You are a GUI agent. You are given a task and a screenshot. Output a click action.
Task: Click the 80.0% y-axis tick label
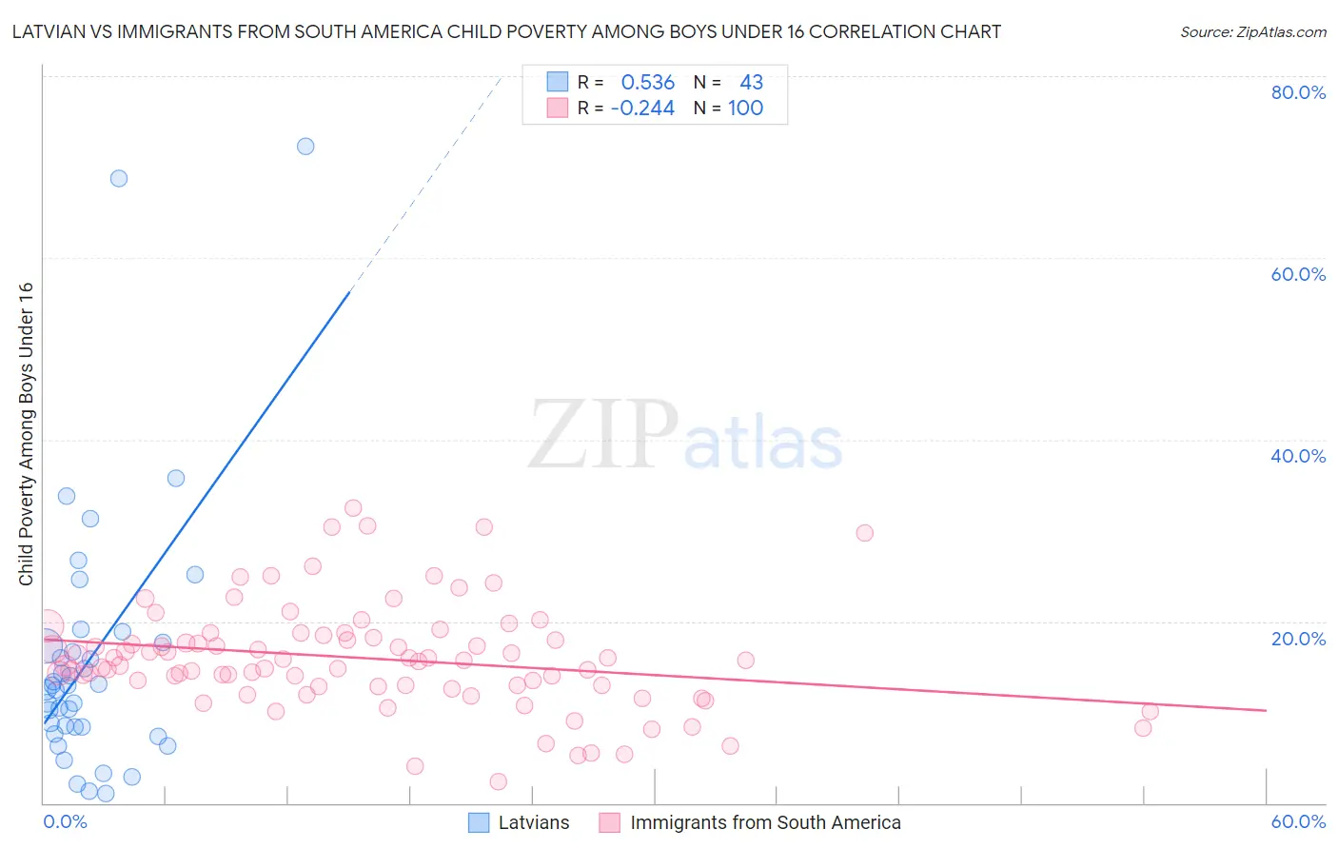pyautogui.click(x=1298, y=92)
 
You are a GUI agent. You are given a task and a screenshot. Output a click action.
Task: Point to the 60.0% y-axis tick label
pyautogui.click(x=1298, y=274)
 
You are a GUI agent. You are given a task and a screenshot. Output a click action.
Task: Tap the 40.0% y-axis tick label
pyautogui.click(x=1298, y=456)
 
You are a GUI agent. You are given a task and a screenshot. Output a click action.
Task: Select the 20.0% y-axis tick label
pyautogui.click(x=1298, y=638)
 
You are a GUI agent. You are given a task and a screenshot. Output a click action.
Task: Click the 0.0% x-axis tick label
pyautogui.click(x=65, y=821)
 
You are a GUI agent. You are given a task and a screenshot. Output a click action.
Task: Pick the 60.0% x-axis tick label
pyautogui.click(x=1298, y=821)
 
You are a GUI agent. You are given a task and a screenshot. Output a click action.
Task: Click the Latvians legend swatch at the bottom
pyautogui.click(x=479, y=822)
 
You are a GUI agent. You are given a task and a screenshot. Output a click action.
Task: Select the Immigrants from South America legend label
pyautogui.click(x=765, y=822)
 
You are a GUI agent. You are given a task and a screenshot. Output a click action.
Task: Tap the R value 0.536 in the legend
pyautogui.click(x=647, y=83)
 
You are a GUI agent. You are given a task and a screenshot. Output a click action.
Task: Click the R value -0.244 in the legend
pyautogui.click(x=642, y=109)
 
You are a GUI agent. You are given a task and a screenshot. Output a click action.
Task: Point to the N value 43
pyautogui.click(x=751, y=83)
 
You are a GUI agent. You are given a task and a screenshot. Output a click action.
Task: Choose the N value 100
pyautogui.click(x=745, y=109)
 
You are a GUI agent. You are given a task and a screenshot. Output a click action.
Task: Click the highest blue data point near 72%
pyautogui.click(x=305, y=146)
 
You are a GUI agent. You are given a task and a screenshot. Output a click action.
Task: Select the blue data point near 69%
pyautogui.click(x=119, y=178)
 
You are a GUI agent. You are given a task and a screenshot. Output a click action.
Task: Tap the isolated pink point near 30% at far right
pyautogui.click(x=864, y=533)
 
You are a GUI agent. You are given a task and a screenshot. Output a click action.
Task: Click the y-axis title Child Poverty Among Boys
pyautogui.click(x=26, y=434)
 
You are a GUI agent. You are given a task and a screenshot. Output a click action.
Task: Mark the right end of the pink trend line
pyautogui.click(x=1266, y=710)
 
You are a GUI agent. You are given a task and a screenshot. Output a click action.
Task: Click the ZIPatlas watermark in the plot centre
pyautogui.click(x=685, y=436)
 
